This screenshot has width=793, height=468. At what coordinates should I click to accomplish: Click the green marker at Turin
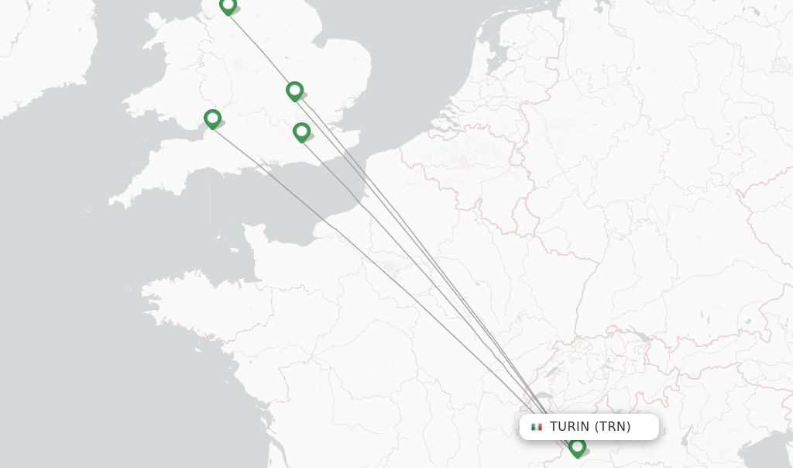coord(577,446)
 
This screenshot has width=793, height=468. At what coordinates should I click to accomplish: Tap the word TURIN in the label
coord(569,427)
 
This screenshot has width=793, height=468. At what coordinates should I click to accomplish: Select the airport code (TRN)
coord(613,427)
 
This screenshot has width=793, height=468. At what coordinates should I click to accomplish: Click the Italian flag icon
coord(537,427)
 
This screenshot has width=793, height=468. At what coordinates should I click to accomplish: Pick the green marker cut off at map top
coord(228,5)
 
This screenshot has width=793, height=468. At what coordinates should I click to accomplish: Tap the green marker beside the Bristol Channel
coord(212,118)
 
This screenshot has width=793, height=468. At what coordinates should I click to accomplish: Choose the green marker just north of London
coord(294,90)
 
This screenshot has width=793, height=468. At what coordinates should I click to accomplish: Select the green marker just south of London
coord(301,132)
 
